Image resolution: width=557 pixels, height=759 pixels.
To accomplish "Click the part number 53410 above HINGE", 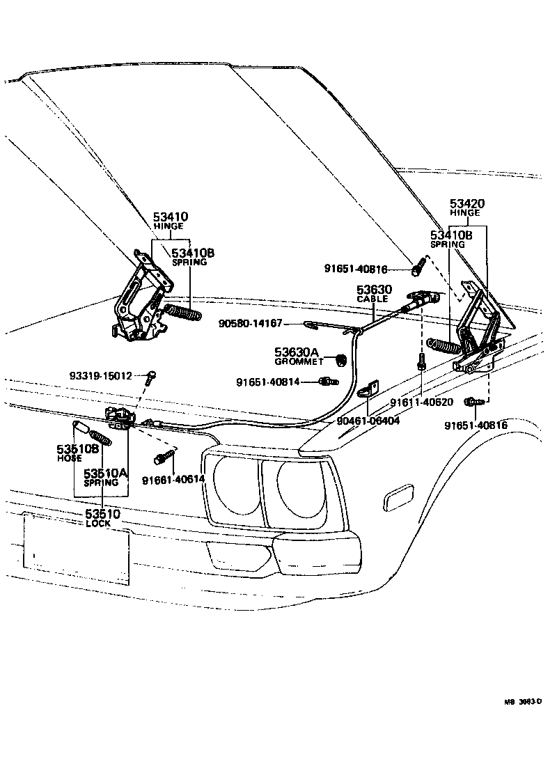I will [171, 217].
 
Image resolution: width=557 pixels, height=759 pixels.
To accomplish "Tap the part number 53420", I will [467, 203].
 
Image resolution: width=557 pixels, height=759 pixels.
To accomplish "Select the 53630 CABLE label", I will [375, 292].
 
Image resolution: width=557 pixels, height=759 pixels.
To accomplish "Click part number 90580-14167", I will [250, 323].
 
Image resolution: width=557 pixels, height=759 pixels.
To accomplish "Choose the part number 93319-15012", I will [101, 376].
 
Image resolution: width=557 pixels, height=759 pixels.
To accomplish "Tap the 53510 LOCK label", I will [102, 518].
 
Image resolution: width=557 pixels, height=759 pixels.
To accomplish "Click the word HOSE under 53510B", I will [70, 458].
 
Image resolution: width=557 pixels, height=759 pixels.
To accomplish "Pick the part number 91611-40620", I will [421, 402].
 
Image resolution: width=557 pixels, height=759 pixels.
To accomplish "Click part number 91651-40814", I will [267, 382].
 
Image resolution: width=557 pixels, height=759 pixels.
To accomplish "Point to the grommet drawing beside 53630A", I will [342, 359].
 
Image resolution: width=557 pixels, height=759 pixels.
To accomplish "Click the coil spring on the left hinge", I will [182, 309].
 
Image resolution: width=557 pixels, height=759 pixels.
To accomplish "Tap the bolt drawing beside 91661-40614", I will [162, 458].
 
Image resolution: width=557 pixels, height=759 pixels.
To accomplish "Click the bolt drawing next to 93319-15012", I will [150, 377].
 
